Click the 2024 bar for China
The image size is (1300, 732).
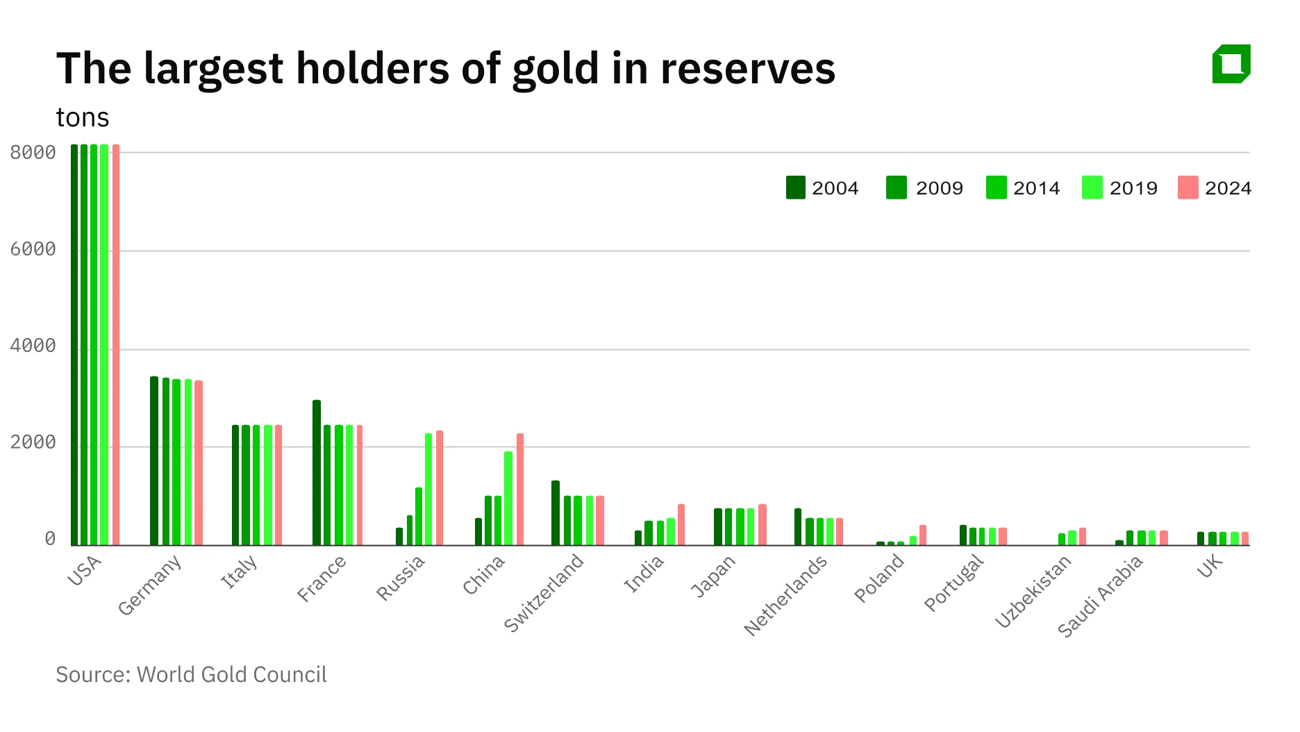520,490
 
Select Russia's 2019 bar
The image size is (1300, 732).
428,490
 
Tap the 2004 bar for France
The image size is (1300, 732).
317,472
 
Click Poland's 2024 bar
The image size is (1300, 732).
923,535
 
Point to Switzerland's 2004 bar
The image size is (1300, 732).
556,513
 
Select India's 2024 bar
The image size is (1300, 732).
681,524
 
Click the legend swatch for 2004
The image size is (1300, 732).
796,188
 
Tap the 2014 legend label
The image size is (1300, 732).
1036,188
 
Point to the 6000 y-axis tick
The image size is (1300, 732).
33,249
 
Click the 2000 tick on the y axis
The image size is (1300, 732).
33,442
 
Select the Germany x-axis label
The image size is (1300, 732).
149,585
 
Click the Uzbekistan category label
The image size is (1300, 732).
1033,592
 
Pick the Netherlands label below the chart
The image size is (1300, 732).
785,595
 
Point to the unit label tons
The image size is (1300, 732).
83,118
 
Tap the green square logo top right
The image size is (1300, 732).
1231,64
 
